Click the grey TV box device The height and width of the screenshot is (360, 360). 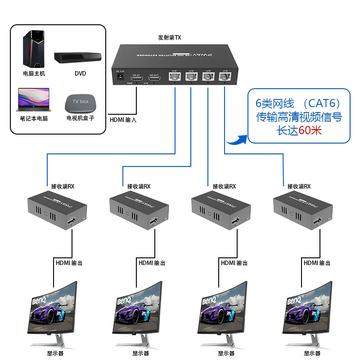pos(81,103)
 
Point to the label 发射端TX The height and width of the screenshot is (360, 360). pos(170,38)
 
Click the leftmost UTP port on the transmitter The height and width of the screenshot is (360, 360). pos(175,77)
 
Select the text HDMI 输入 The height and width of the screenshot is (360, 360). pos(123,120)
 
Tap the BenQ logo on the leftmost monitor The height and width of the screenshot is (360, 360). pos(37,300)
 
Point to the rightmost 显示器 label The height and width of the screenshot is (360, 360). pos(312,354)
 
